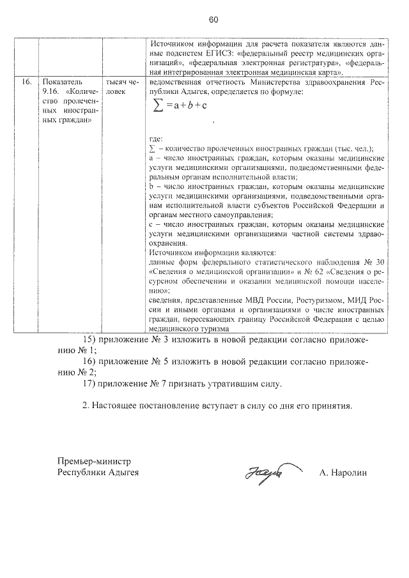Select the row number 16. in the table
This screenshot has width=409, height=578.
(27, 83)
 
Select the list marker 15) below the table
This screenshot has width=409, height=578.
(91, 340)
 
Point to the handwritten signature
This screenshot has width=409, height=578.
(261, 474)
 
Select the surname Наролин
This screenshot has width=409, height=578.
(351, 473)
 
